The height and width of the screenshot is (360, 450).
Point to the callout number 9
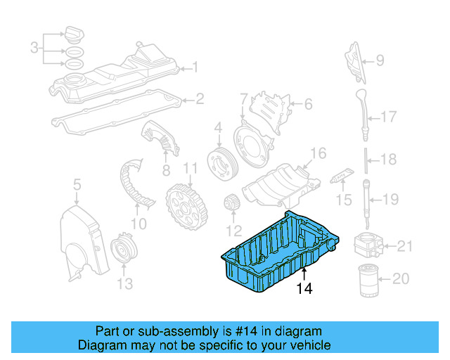point(380,60)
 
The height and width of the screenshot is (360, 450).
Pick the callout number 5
point(77,184)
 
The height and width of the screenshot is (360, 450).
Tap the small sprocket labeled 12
point(233,205)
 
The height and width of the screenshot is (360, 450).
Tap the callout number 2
point(199,100)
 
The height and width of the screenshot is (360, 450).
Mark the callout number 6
point(307,105)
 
